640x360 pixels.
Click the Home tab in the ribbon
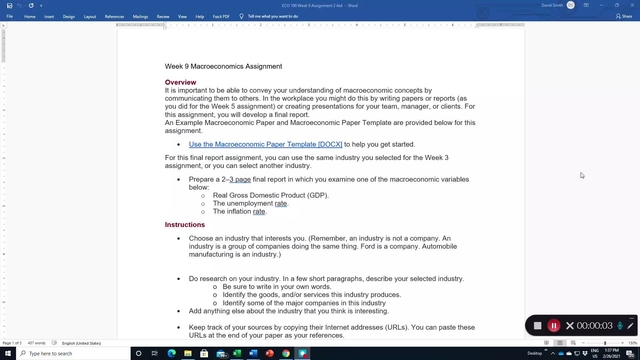30,16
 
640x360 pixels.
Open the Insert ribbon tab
49,16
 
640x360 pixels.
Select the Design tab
69,16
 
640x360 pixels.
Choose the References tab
115,16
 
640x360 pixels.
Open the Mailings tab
140,16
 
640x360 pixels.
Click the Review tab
163,16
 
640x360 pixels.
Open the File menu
10,16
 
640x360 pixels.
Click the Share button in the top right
620,16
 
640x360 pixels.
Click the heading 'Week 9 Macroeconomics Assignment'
223,66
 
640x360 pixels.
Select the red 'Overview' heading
181,82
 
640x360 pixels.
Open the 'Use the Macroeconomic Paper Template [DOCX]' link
265,144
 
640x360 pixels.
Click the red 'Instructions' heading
185,225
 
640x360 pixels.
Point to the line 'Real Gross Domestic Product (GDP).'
270,195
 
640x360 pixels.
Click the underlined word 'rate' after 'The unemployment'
281,203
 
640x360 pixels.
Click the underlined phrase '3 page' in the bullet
240,179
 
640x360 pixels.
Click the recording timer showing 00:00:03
594,326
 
